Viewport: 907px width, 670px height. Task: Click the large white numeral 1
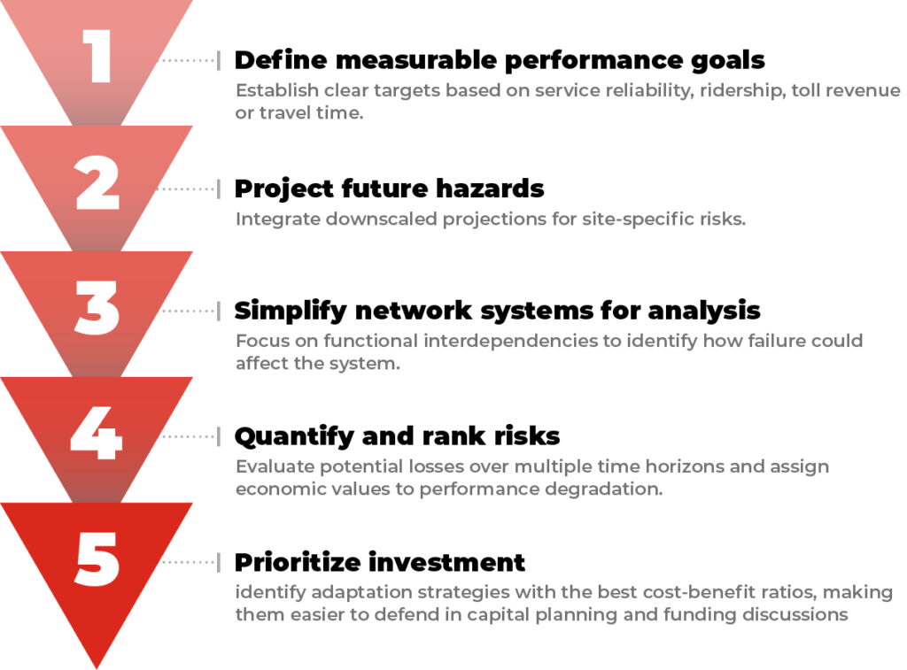tap(97, 56)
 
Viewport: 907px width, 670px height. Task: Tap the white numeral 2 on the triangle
tap(97, 182)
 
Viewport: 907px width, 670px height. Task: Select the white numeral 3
tap(97, 307)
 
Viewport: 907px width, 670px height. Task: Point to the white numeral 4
tap(96, 433)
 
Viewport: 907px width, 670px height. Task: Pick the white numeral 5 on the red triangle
tap(97, 559)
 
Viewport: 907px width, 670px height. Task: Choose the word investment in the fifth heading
tap(446, 563)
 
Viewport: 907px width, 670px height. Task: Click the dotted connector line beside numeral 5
tap(188, 562)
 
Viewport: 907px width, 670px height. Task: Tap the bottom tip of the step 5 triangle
tap(96, 668)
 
